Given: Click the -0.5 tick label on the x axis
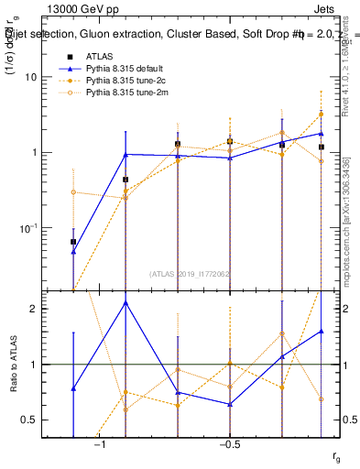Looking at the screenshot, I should tap(228, 444).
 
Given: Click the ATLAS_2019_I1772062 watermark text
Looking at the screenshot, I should tap(189, 273).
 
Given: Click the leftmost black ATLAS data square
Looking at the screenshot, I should tap(73, 242).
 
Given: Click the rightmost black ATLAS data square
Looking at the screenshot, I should tap(322, 147).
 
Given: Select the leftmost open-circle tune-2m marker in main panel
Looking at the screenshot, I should tap(73, 191).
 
